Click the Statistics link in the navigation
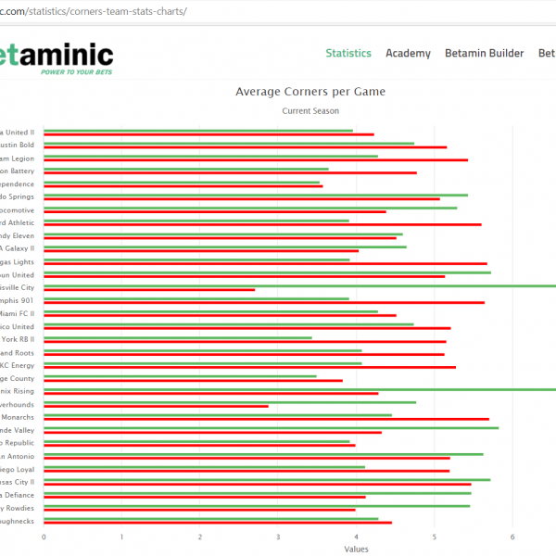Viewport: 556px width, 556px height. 348,54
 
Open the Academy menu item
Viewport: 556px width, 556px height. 408,54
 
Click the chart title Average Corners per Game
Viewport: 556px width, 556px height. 310,92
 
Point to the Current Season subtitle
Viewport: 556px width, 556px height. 310,111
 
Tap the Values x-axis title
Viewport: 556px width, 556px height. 356,549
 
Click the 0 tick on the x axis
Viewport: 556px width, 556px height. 44,537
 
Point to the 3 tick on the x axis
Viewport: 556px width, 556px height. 278,537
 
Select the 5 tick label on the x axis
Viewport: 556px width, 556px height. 435,537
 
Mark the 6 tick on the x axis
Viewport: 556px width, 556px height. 512,537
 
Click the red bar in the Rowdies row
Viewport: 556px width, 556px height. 199,510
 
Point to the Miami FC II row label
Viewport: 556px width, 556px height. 18,313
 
